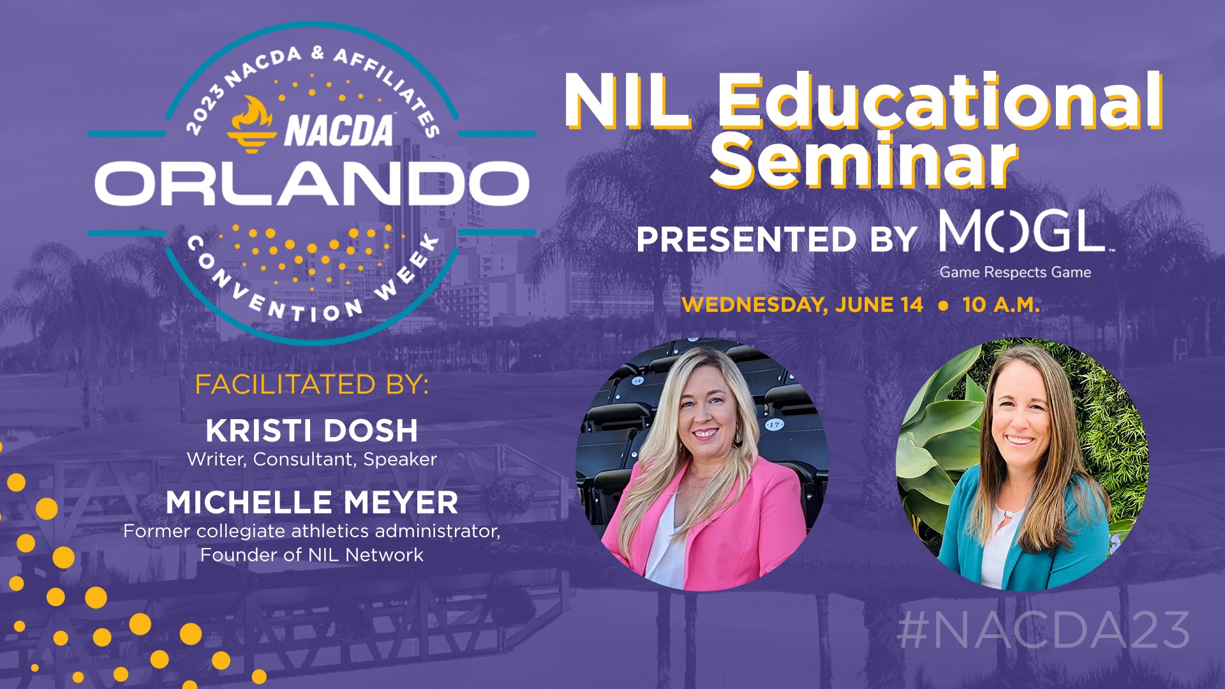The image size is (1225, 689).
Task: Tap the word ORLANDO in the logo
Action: [x=311, y=183]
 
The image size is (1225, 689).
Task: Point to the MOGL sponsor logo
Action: [x=1025, y=232]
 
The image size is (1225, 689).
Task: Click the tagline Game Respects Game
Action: [x=1015, y=272]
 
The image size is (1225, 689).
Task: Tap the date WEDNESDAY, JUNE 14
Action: [x=802, y=305]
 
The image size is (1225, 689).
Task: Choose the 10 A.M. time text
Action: [x=1001, y=305]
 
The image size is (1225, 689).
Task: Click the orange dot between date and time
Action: [x=943, y=306]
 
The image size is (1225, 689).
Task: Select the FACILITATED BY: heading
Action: [x=311, y=385]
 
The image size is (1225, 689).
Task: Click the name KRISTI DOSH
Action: [x=311, y=431]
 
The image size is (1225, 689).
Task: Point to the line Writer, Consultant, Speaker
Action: [x=311, y=459]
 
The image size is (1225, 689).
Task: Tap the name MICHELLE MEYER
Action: [x=311, y=503]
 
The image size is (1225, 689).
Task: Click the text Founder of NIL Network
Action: [x=311, y=555]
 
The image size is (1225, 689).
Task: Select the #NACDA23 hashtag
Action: [x=1043, y=630]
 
